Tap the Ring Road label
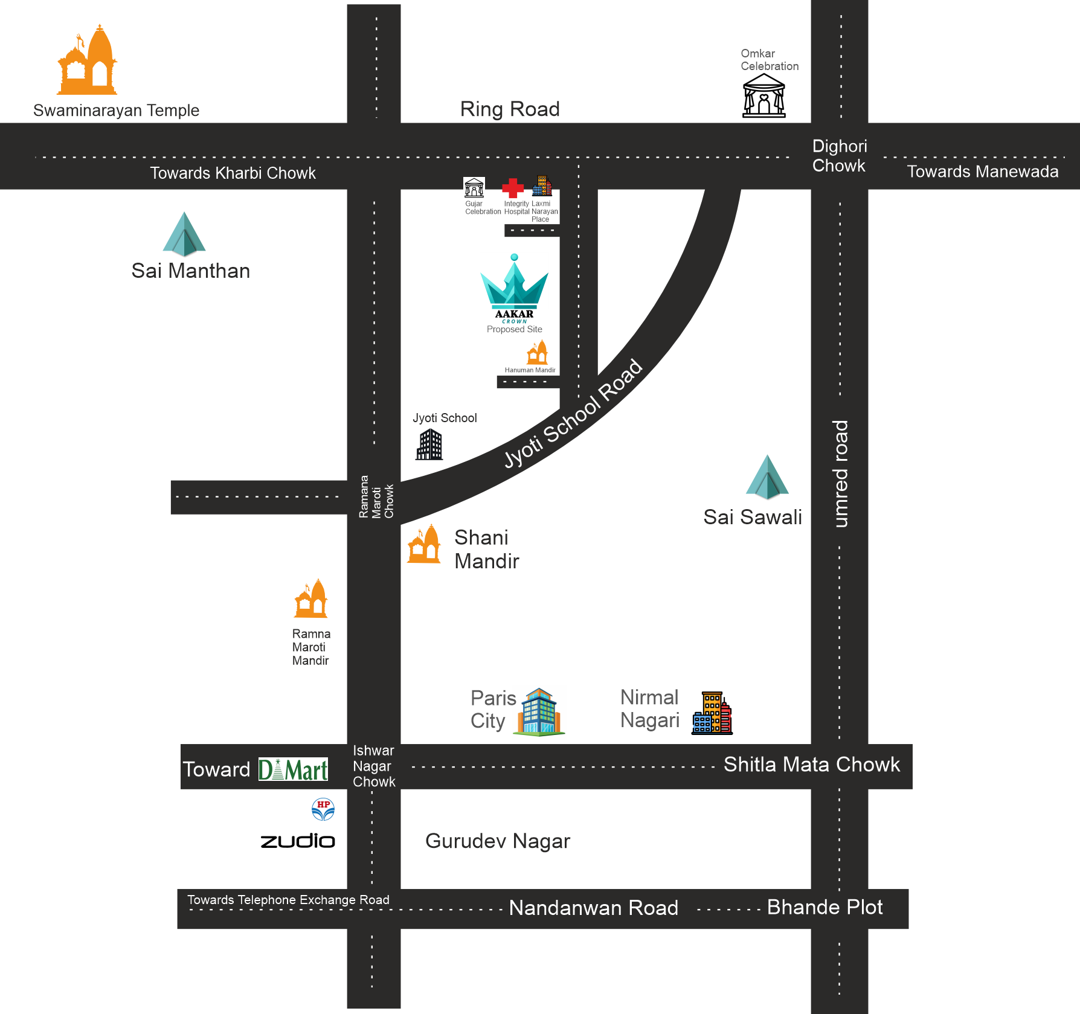[x=510, y=109]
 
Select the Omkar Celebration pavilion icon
[x=763, y=97]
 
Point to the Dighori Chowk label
[x=839, y=156]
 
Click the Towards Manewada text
[x=982, y=172]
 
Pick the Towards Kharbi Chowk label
[x=233, y=173]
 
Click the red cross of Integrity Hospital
[x=513, y=188]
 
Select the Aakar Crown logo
[x=514, y=287]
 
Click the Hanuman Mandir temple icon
[x=537, y=352]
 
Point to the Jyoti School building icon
[x=429, y=444]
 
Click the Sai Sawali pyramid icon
[x=767, y=478]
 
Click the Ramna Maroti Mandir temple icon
[x=311, y=599]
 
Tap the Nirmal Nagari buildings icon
[x=713, y=713]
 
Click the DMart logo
[x=293, y=769]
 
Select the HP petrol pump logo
[x=323, y=809]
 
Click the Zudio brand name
[x=298, y=841]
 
